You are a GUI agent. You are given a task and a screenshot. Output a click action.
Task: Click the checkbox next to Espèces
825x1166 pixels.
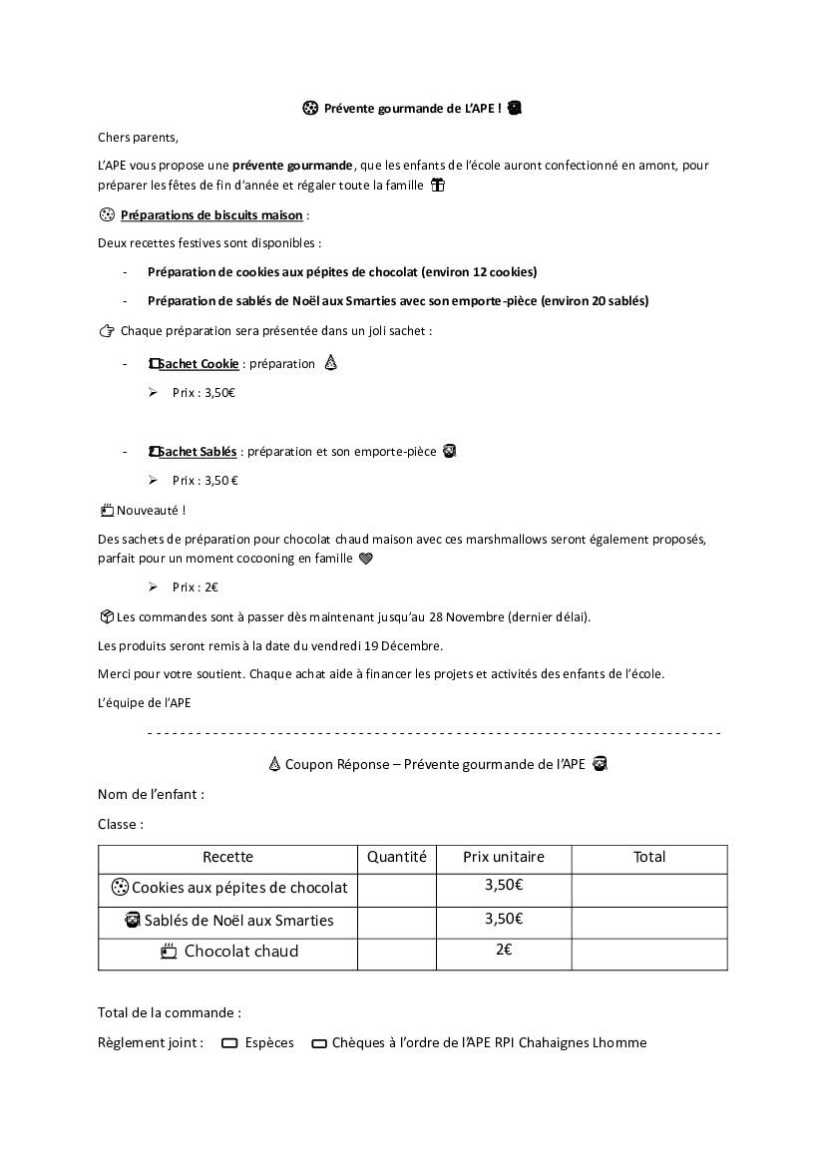229,1043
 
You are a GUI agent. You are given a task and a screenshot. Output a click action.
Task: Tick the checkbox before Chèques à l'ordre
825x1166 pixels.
319,1043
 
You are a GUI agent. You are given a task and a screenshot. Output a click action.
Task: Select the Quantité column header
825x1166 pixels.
396,857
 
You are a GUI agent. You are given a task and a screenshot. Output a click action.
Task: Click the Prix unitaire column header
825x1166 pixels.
504,857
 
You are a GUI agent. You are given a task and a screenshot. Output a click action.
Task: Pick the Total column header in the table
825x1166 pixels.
649,857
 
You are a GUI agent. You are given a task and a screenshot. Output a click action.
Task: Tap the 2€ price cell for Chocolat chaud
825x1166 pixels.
504,950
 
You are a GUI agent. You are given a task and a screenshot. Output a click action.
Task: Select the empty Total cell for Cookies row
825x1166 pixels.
649,888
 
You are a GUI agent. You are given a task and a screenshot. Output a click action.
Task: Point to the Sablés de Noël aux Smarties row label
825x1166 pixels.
238,920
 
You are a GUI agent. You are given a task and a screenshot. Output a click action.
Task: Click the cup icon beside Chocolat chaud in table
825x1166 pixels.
169,952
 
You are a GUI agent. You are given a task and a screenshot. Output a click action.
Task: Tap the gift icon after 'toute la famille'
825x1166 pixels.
437,185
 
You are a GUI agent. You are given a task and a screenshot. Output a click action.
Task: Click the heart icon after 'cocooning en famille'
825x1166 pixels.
365,559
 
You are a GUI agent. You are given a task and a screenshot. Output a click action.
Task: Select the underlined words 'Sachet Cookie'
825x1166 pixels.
199,364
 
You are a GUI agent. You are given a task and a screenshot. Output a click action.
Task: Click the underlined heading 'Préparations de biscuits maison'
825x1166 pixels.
211,214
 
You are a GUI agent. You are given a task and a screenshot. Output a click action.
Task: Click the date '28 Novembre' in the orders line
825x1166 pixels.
468,616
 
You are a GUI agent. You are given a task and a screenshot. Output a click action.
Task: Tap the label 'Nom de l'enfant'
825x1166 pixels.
150,795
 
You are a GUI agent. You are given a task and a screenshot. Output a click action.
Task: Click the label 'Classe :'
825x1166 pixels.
120,825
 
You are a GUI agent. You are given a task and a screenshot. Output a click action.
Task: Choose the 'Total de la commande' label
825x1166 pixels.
169,1012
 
